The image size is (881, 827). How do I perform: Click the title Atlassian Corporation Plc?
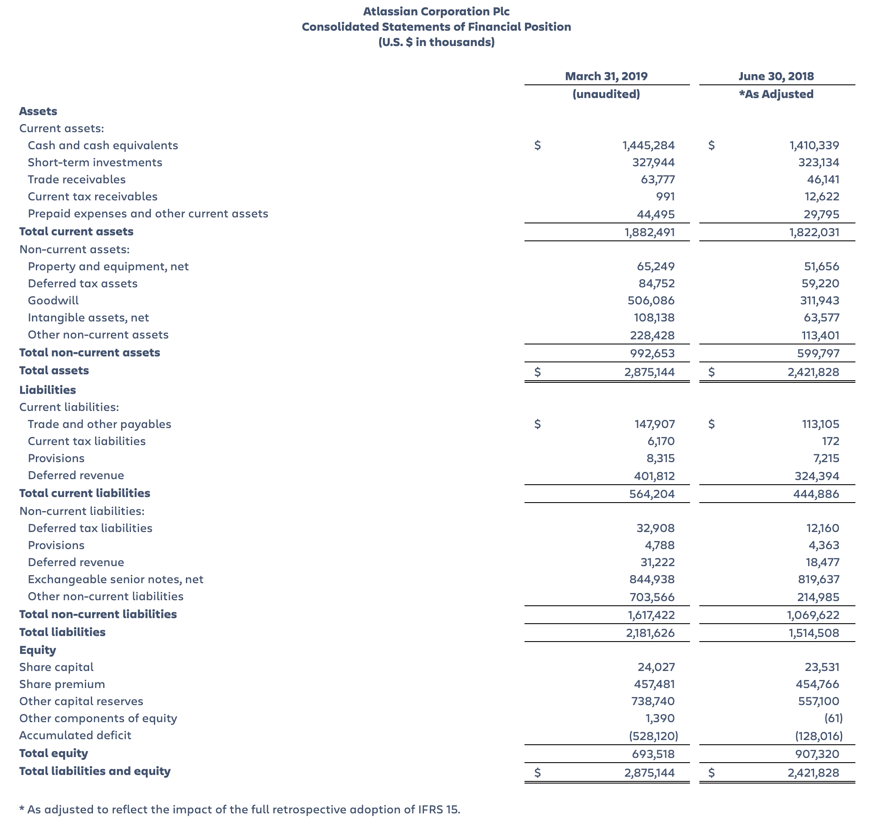point(436,11)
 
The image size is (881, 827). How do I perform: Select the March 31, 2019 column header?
point(606,76)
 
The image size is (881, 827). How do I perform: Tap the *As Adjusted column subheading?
point(776,94)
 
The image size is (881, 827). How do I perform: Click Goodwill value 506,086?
point(651,301)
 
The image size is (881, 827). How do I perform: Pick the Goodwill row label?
point(53,301)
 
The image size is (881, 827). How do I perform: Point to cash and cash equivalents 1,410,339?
point(814,145)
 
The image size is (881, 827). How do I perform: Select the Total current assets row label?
point(76,231)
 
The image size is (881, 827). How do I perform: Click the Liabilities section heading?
point(47,390)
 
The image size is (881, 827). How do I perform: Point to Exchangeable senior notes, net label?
point(115,579)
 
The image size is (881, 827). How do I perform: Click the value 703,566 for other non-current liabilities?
point(652,597)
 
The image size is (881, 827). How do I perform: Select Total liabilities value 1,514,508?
point(814,633)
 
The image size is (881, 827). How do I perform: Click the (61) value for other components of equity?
point(833,718)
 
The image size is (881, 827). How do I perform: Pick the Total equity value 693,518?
point(652,754)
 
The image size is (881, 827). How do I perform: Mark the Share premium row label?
point(62,684)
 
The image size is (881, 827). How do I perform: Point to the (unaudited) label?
point(606,94)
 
